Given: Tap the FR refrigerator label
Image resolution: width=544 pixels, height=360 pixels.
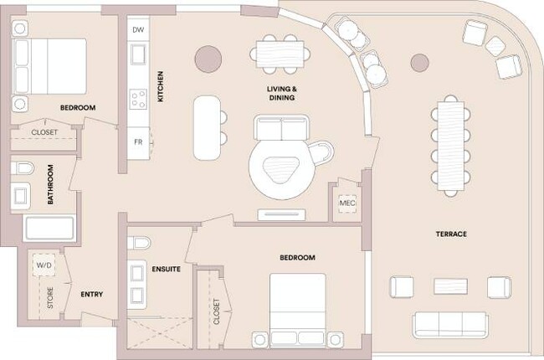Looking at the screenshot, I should pos(139,141).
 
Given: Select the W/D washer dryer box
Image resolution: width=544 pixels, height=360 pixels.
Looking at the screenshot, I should pos(42,266).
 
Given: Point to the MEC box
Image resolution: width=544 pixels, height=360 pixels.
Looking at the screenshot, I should pos(346,203).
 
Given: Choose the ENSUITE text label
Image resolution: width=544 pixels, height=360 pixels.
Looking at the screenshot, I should pos(167,269).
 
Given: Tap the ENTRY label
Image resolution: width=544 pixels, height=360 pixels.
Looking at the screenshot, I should pos(91,295).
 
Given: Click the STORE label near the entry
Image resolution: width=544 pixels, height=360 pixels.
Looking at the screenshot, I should pos(50,299).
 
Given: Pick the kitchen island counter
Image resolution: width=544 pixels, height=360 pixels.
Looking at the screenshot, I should pos(208,126).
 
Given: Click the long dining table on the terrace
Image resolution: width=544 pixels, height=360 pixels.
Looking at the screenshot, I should pos(449,147).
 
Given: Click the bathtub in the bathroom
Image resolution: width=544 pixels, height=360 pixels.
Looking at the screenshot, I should pos(49,229).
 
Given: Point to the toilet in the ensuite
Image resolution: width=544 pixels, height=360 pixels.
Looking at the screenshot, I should pos(140,244).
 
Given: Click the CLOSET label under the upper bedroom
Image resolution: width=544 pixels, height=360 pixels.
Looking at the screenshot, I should pos(44,132).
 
